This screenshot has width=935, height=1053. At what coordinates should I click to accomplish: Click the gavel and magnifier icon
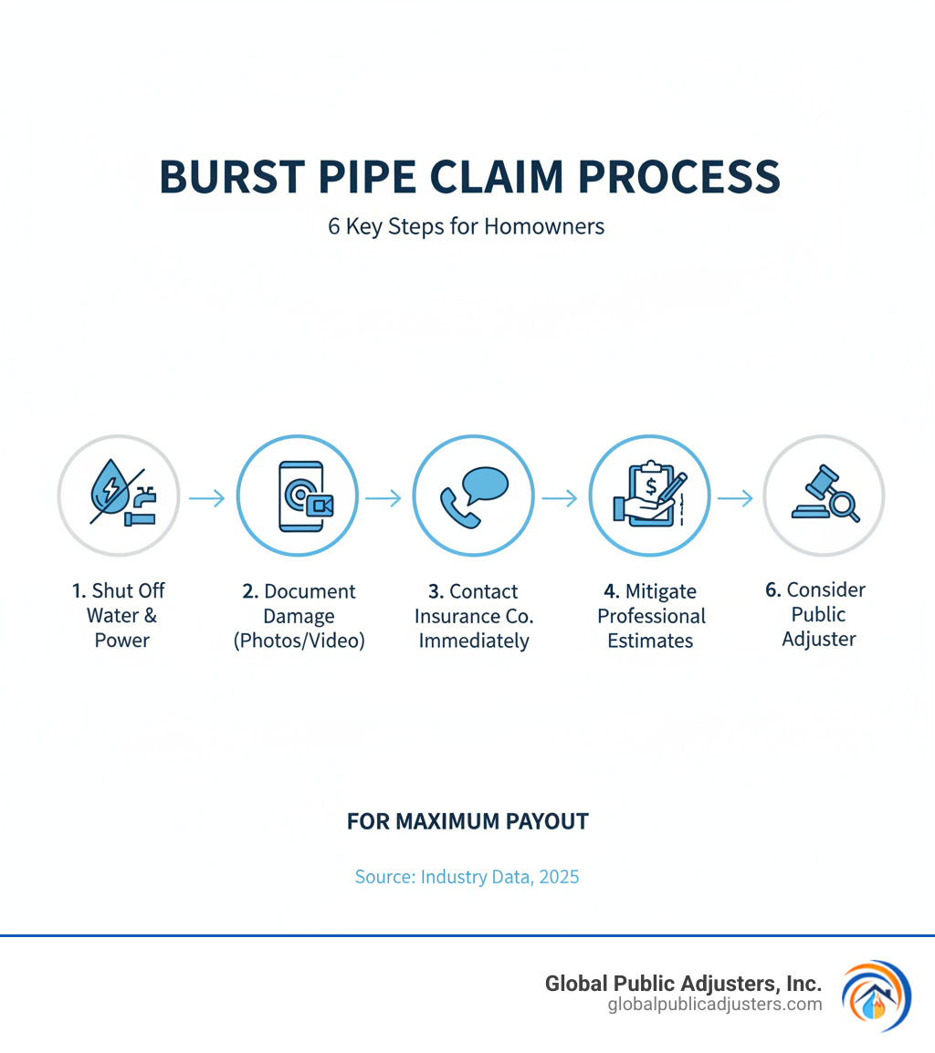click(x=825, y=496)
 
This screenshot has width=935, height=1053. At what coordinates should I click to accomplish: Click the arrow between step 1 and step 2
click(x=206, y=498)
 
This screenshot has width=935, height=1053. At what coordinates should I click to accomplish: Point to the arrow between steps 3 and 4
click(x=559, y=498)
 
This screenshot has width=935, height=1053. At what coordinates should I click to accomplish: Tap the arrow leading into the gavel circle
click(x=735, y=498)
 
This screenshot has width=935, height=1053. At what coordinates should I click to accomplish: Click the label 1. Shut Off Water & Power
click(x=119, y=615)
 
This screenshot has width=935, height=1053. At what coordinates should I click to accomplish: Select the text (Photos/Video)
click(x=299, y=641)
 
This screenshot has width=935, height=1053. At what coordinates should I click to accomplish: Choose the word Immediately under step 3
click(x=474, y=641)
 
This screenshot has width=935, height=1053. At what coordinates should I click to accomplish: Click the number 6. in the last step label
click(x=773, y=589)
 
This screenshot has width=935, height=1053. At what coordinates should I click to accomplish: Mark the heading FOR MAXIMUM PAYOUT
click(x=467, y=821)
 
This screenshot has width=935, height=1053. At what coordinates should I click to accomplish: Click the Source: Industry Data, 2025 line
click(x=467, y=877)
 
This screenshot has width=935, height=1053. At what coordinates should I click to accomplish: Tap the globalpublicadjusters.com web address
click(x=714, y=1004)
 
